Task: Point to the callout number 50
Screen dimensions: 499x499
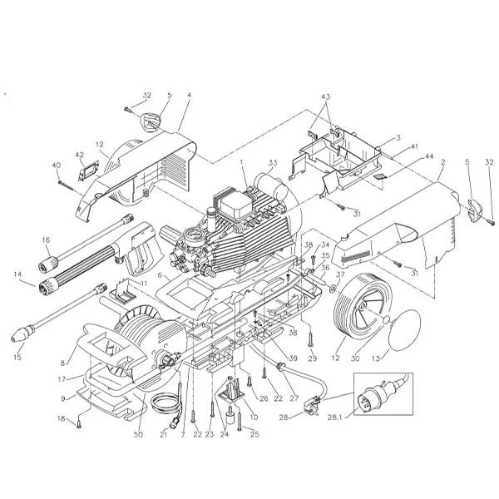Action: [x=138, y=434]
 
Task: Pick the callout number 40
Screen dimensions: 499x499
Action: [x=57, y=165]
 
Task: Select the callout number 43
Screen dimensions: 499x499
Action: [x=324, y=97]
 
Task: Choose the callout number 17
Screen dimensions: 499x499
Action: [x=62, y=378]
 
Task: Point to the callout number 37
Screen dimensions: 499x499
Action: [x=339, y=274]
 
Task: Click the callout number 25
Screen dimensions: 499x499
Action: [x=254, y=434]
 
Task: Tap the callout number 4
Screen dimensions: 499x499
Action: [x=189, y=96]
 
